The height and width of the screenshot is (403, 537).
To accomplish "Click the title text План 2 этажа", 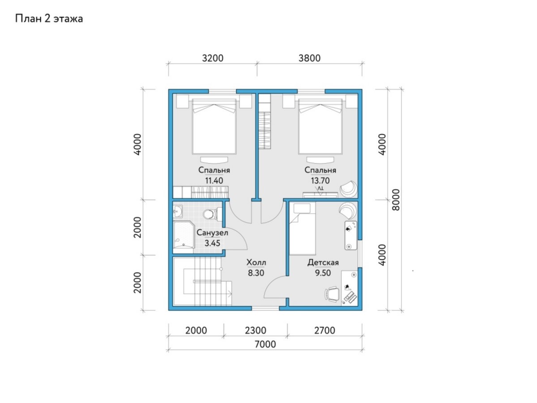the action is pos(49,19).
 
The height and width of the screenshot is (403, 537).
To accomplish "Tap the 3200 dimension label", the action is pos(213,58).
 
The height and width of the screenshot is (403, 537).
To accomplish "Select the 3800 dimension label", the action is pos(309,58).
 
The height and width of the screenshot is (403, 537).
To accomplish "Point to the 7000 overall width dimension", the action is pos(265,344).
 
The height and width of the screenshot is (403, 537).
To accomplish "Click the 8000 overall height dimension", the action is pos(396,200).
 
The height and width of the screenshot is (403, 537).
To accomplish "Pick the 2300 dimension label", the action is pos(256,330).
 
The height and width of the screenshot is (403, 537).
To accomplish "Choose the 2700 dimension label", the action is pos(324,330).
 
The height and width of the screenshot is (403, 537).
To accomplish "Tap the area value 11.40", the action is pos(214,181).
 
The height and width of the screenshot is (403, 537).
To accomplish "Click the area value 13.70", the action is pos(320,181).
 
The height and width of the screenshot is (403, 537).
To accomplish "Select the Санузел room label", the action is pos(213,233).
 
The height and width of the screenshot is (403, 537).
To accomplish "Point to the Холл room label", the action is pos(256,262).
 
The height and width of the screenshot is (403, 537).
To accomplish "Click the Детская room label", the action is pos(323,262).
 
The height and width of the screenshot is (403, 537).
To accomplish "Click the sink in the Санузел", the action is pos(178,211).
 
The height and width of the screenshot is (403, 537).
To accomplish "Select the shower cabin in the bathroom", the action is pos(183,237).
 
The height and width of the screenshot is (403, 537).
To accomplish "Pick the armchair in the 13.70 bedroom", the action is pos(348,189).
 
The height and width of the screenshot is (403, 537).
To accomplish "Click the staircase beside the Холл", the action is pos(202,281).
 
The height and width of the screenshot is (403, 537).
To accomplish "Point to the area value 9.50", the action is pos(323,273).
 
